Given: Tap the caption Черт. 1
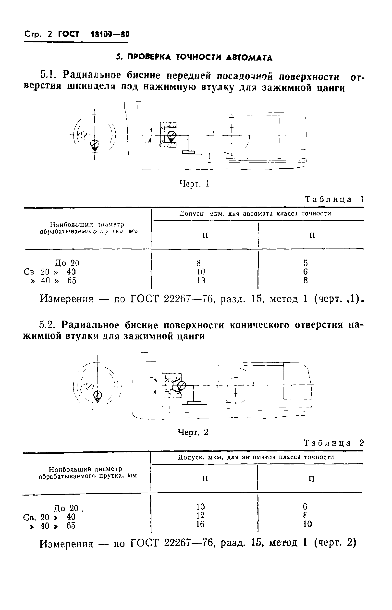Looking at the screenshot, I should click(x=194, y=184).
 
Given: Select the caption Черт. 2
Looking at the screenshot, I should click(x=193, y=432).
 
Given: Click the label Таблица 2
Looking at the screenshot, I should click(x=334, y=443).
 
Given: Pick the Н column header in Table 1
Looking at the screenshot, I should click(x=205, y=235).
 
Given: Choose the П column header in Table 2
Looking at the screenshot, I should click(x=312, y=479).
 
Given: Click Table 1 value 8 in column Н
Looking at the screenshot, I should click(x=198, y=262).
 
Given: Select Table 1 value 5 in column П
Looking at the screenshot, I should click(x=306, y=262).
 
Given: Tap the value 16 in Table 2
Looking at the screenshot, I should click(x=201, y=524).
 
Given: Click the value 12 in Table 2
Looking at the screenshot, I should click(x=201, y=515).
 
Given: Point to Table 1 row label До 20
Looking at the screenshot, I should click(x=67, y=263).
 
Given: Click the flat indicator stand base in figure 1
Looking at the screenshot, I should click(x=189, y=152).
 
